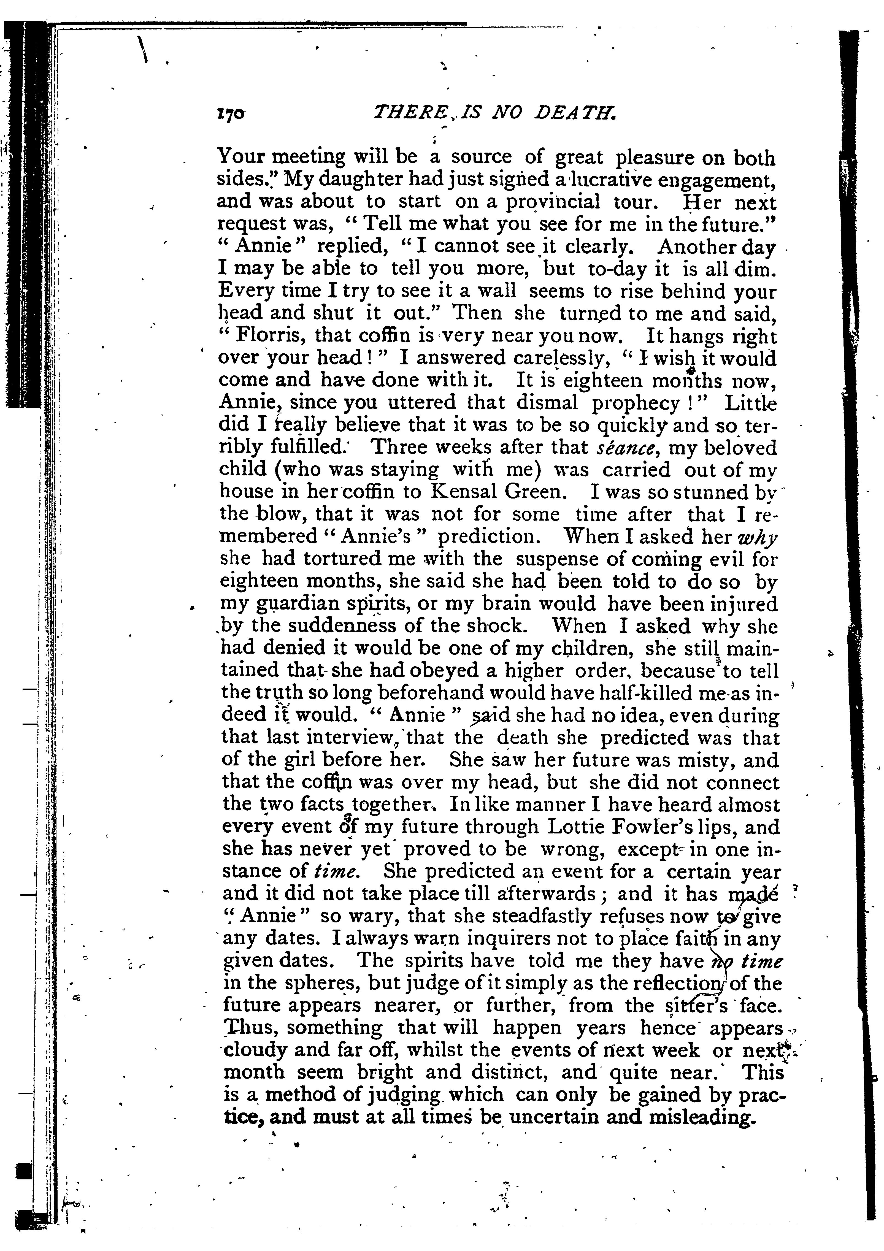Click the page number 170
pyautogui.click(x=231, y=113)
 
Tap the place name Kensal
pyautogui.click(x=462, y=492)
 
